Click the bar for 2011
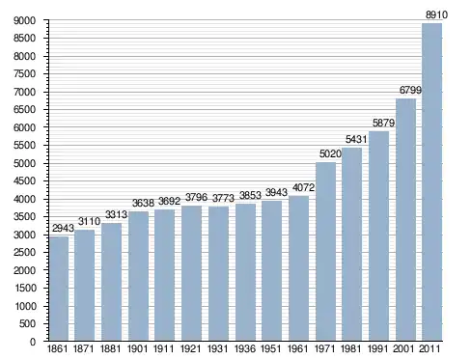(x=431, y=181)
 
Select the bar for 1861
(x=59, y=289)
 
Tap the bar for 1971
(x=325, y=251)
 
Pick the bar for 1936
(x=245, y=272)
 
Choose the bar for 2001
(x=405, y=219)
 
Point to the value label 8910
(x=436, y=14)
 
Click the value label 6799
(x=410, y=90)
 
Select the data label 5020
(x=330, y=153)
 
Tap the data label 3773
(x=223, y=198)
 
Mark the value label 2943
(x=63, y=228)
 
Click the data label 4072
(x=303, y=187)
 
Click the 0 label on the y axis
(x=33, y=342)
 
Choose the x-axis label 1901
(x=138, y=348)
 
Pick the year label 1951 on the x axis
(x=271, y=348)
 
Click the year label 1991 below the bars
(x=378, y=348)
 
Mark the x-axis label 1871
(x=84, y=348)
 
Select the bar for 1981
(x=351, y=244)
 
